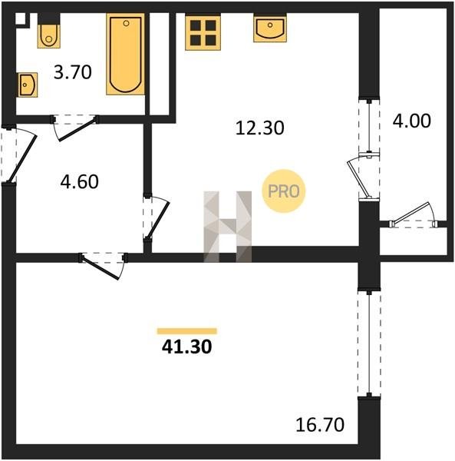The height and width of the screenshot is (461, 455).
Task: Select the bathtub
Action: [x=125, y=54]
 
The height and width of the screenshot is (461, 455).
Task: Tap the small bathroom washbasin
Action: [x=28, y=85]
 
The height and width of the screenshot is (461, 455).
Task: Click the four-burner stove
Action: [x=203, y=32]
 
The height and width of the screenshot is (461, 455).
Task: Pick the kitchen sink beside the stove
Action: [x=270, y=28]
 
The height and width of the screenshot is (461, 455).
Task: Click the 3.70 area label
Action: [x=72, y=72]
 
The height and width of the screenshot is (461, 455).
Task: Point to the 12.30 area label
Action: [x=260, y=128]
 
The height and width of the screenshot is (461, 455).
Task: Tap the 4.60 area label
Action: [x=79, y=181]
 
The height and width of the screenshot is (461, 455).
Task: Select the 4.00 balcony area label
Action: [x=411, y=121]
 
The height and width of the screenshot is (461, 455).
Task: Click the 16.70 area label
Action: [x=320, y=425]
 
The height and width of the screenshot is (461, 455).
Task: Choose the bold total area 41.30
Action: [x=186, y=347]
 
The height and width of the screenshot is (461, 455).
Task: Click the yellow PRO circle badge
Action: [x=284, y=191]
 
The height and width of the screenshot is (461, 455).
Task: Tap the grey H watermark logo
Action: [x=227, y=227]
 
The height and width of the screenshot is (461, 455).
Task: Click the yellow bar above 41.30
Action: [x=187, y=331]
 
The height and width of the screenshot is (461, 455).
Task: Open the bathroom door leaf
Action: [x=77, y=129]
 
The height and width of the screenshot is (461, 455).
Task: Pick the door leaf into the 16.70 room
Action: [x=101, y=268]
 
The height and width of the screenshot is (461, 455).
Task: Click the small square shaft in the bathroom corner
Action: [x=20, y=18]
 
